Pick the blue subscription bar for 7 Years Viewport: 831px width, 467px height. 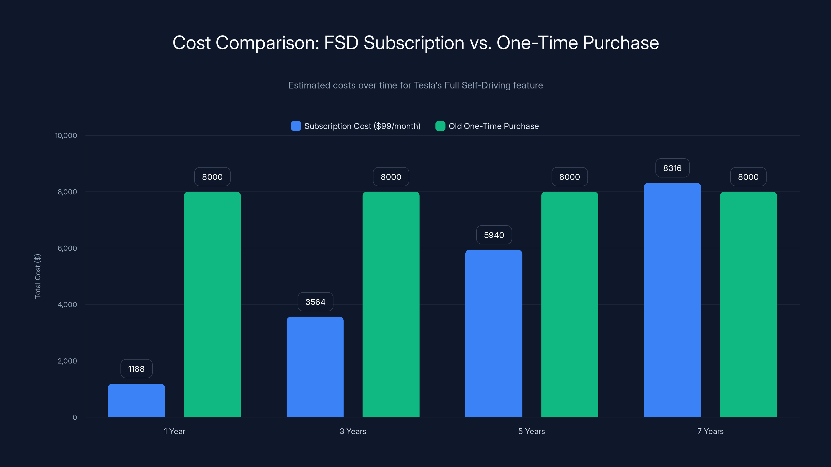point(672,300)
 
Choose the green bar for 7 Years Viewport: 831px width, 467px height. point(748,304)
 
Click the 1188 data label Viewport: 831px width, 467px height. point(136,369)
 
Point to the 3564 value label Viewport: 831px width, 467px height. point(315,302)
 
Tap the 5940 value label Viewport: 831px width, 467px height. point(494,235)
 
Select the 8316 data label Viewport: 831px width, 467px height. point(672,168)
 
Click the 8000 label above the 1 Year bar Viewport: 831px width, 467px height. point(212,177)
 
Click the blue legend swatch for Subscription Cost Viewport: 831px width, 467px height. point(296,126)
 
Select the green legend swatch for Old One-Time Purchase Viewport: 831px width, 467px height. point(440,126)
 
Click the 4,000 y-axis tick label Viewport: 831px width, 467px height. point(67,305)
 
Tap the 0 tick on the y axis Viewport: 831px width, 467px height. point(75,417)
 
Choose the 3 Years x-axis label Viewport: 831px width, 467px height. point(353,431)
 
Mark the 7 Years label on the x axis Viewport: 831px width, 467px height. point(710,431)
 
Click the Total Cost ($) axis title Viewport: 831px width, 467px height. point(38,276)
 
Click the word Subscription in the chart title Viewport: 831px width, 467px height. point(414,43)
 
